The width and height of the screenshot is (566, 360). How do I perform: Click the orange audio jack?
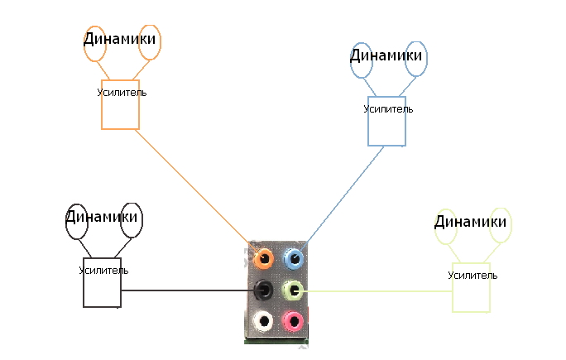click(x=264, y=259)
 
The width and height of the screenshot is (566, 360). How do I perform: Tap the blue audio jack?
click(x=293, y=259)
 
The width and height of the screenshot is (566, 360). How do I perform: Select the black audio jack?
click(x=264, y=289)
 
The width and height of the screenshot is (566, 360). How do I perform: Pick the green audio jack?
click(x=293, y=290)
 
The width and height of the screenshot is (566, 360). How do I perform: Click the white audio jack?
click(x=263, y=319)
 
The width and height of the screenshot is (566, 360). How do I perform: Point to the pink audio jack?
click(x=293, y=319)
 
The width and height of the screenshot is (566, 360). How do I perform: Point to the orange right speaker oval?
click(x=149, y=42)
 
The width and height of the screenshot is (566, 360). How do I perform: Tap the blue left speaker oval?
click(x=362, y=60)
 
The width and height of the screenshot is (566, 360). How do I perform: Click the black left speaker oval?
click(x=77, y=221)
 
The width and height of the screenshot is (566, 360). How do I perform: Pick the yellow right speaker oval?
click(x=501, y=225)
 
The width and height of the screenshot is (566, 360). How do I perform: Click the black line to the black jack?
click(x=186, y=290)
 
